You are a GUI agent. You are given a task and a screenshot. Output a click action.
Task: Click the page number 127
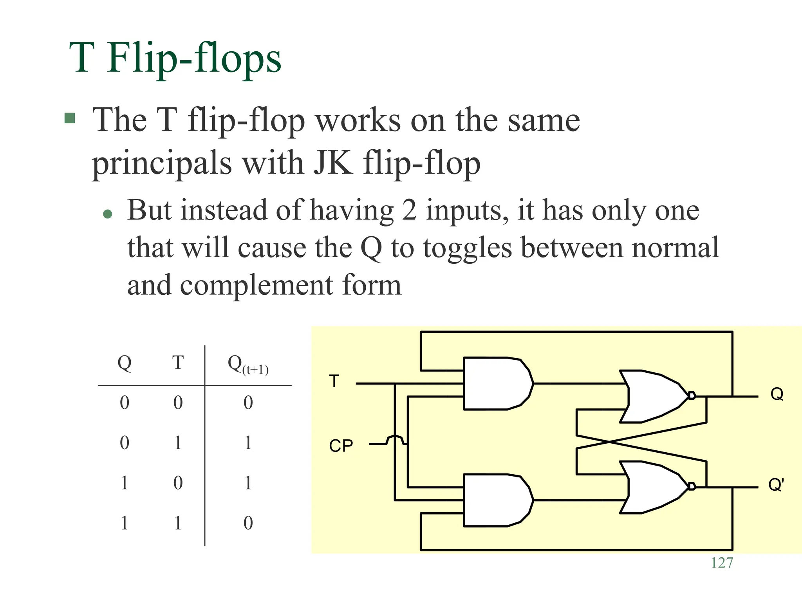click(722, 563)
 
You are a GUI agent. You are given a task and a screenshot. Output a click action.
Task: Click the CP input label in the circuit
click(341, 446)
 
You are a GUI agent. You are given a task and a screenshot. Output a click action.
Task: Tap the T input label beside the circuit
click(334, 381)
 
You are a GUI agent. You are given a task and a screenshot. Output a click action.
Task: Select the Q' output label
click(775, 485)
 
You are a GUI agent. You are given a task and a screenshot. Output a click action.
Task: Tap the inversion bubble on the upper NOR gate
click(692, 395)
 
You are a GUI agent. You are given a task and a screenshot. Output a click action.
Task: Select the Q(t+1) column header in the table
click(248, 364)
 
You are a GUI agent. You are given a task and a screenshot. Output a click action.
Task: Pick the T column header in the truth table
click(178, 363)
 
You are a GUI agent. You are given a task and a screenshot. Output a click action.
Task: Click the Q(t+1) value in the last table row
click(248, 523)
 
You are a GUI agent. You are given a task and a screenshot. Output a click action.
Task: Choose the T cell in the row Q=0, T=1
click(178, 443)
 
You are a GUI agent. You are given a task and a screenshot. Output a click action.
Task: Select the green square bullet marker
click(70, 118)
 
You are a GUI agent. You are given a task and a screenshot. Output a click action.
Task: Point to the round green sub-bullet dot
click(107, 214)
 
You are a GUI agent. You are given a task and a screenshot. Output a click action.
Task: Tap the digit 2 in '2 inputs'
click(408, 210)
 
